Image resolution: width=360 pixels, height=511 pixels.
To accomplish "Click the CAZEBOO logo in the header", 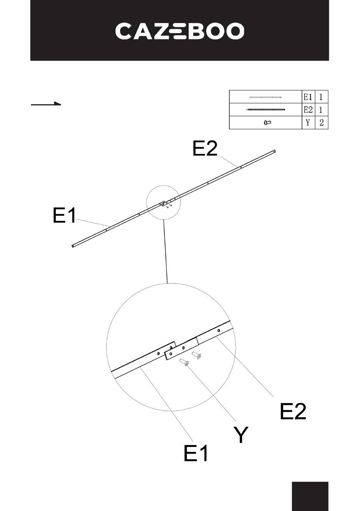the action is [x=180, y=31].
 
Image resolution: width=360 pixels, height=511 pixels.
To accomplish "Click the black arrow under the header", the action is [x=46, y=103].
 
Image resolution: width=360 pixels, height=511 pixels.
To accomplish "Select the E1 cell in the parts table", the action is [x=308, y=97].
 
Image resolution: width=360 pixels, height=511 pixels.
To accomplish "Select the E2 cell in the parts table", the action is [x=308, y=110].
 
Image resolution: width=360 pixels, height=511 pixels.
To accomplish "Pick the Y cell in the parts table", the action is [x=308, y=123].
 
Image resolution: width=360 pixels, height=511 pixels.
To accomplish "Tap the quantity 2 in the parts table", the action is [x=321, y=123].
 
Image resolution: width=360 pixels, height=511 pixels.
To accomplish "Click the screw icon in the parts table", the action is [x=268, y=122].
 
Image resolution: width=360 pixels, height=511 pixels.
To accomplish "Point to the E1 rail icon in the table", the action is [x=266, y=97].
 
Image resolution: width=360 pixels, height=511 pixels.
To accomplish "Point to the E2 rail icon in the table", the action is [x=266, y=110].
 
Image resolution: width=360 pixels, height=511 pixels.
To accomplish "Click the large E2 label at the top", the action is [x=205, y=149].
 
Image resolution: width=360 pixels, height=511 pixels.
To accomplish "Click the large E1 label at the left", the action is [x=64, y=216].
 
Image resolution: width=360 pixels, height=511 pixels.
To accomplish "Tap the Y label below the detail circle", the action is [x=241, y=435].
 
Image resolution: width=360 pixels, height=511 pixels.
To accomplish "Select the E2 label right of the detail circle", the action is [x=293, y=411].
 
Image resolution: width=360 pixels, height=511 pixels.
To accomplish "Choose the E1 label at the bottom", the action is [x=196, y=453].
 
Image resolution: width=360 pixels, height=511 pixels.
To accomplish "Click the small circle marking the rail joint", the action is [x=164, y=202].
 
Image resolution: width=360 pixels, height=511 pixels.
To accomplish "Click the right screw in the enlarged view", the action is [x=197, y=355].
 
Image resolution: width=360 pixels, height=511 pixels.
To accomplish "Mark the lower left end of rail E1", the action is [x=73, y=246].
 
